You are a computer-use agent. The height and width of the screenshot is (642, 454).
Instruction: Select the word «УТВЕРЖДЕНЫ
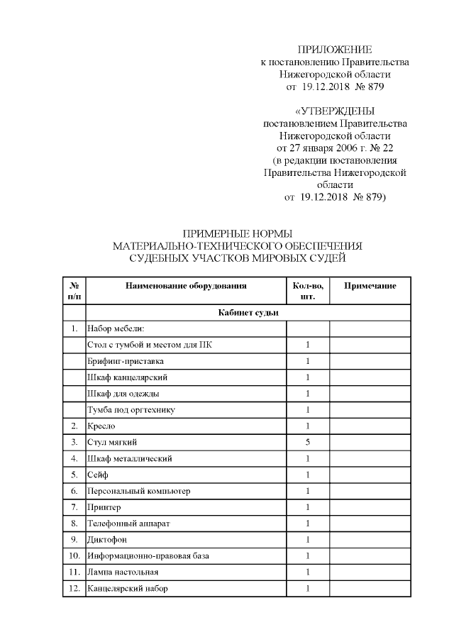(334, 111)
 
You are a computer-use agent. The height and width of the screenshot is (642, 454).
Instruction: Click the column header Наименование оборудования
(186, 286)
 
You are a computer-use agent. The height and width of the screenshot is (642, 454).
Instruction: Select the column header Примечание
(370, 286)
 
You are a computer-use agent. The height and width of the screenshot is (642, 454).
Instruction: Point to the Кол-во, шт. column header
(308, 291)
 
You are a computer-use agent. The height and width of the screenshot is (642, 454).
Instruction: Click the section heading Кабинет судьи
(248, 312)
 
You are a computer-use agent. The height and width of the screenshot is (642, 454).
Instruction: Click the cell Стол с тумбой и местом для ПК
(148, 345)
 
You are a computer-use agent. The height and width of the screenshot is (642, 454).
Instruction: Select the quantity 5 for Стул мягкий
(308, 442)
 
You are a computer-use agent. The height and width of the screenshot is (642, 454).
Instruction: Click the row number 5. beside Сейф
(74, 475)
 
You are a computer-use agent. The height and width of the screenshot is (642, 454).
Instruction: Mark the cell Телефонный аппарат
(128, 524)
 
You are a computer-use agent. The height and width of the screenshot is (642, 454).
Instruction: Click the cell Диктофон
(108, 540)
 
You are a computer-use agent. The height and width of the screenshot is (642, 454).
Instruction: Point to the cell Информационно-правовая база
(148, 556)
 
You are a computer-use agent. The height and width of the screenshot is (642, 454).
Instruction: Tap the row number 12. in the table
(74, 589)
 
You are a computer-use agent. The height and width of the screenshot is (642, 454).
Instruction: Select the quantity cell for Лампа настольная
(308, 572)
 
